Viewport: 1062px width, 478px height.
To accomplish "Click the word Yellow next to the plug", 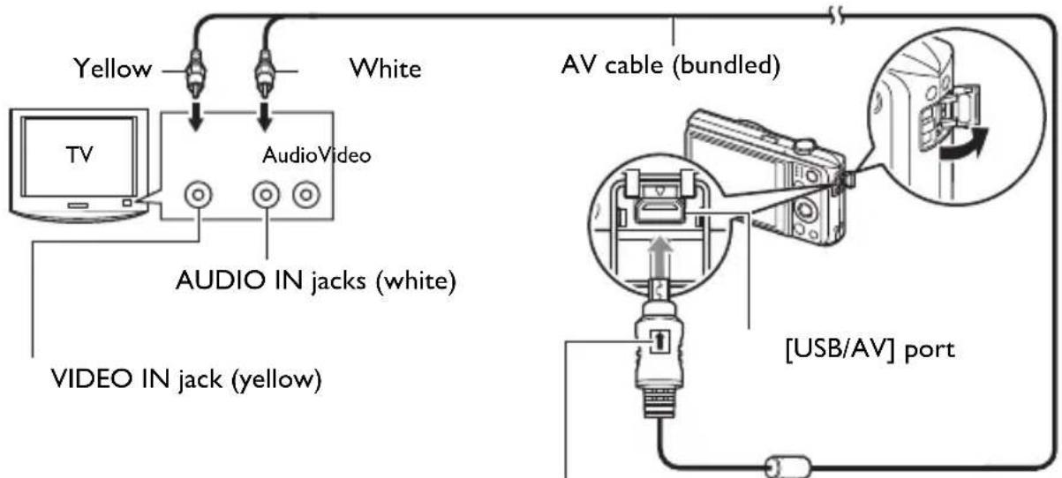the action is pyautogui.click(x=113, y=69).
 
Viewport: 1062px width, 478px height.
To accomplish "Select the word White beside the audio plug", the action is pyautogui.click(x=386, y=69).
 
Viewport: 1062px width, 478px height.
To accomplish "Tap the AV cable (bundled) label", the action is pyautogui.click(x=671, y=65).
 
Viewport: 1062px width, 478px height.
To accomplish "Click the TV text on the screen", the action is pyautogui.click(x=79, y=155).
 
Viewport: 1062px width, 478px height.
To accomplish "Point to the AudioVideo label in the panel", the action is pyautogui.click(x=317, y=155).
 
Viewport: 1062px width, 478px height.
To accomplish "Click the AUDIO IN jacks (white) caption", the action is pyautogui.click(x=316, y=281).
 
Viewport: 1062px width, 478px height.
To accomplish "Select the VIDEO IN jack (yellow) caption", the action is pyautogui.click(x=186, y=379).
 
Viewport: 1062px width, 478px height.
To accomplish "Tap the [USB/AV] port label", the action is pyautogui.click(x=870, y=350).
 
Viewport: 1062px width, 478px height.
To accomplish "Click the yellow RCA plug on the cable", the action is pyautogui.click(x=196, y=71).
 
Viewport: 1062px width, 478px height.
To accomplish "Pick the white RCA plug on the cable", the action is pyautogui.click(x=265, y=71).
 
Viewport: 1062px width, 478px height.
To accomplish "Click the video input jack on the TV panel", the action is pyautogui.click(x=198, y=195).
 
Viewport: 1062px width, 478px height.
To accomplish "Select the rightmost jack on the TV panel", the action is pyautogui.click(x=306, y=195).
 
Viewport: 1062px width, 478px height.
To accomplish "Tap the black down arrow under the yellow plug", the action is pyautogui.click(x=195, y=116).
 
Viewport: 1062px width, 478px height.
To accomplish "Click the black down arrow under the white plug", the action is pyautogui.click(x=265, y=116).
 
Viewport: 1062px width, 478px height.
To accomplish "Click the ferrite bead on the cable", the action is pyautogui.click(x=788, y=467).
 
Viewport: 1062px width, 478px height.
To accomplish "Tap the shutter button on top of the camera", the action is pyautogui.click(x=805, y=144).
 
